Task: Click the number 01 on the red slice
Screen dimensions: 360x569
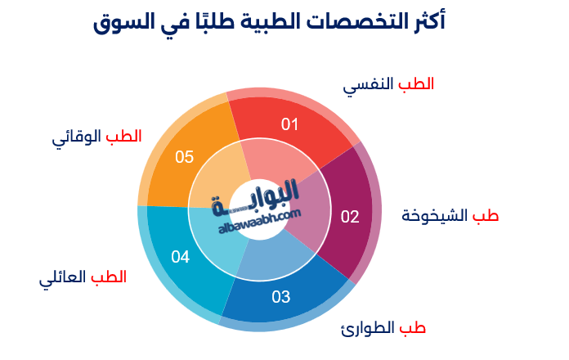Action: [x=290, y=124]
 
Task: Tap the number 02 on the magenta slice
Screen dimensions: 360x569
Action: [x=350, y=217]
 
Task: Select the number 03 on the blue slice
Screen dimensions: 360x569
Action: [x=281, y=297]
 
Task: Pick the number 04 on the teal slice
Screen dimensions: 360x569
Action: [x=181, y=257]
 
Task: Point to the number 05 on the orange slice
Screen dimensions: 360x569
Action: [x=185, y=156]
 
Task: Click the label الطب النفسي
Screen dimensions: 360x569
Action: [x=388, y=84]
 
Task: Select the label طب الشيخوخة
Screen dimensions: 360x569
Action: [x=450, y=216]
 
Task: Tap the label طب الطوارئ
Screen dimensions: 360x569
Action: [x=383, y=328]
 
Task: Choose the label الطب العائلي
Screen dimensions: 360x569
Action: [x=83, y=277]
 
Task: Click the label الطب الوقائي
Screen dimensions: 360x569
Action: [x=96, y=136]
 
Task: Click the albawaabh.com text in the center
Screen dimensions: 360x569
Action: [x=260, y=220]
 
